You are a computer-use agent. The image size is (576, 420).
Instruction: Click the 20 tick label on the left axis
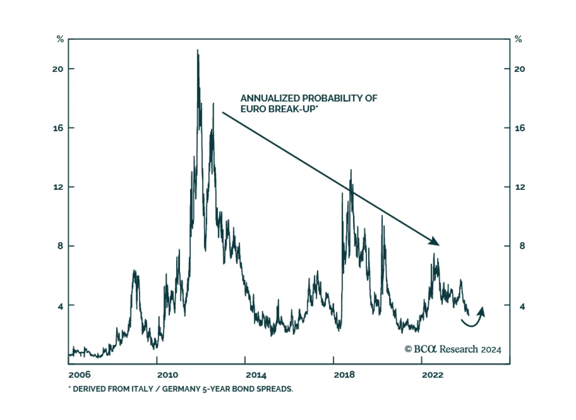click(58, 69)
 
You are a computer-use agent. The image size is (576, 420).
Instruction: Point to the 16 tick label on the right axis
click(519, 128)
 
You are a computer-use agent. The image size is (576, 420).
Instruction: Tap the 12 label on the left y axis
click(58, 187)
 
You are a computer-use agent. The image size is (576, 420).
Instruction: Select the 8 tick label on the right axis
click(522, 246)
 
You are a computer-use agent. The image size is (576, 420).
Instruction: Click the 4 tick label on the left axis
click(60, 306)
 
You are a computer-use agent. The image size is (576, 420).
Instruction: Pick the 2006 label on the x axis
click(79, 375)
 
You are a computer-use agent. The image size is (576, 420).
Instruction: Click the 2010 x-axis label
click(167, 375)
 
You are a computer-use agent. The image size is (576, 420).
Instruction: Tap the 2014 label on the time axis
click(256, 375)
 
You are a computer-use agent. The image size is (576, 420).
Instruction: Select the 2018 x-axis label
click(344, 375)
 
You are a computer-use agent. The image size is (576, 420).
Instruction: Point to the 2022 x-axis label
click(432, 375)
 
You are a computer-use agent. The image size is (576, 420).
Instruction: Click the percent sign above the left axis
click(60, 39)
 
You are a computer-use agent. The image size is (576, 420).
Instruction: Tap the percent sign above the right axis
click(518, 39)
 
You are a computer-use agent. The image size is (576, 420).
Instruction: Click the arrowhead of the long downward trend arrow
click(435, 242)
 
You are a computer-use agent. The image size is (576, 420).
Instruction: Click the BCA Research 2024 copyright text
click(453, 349)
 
